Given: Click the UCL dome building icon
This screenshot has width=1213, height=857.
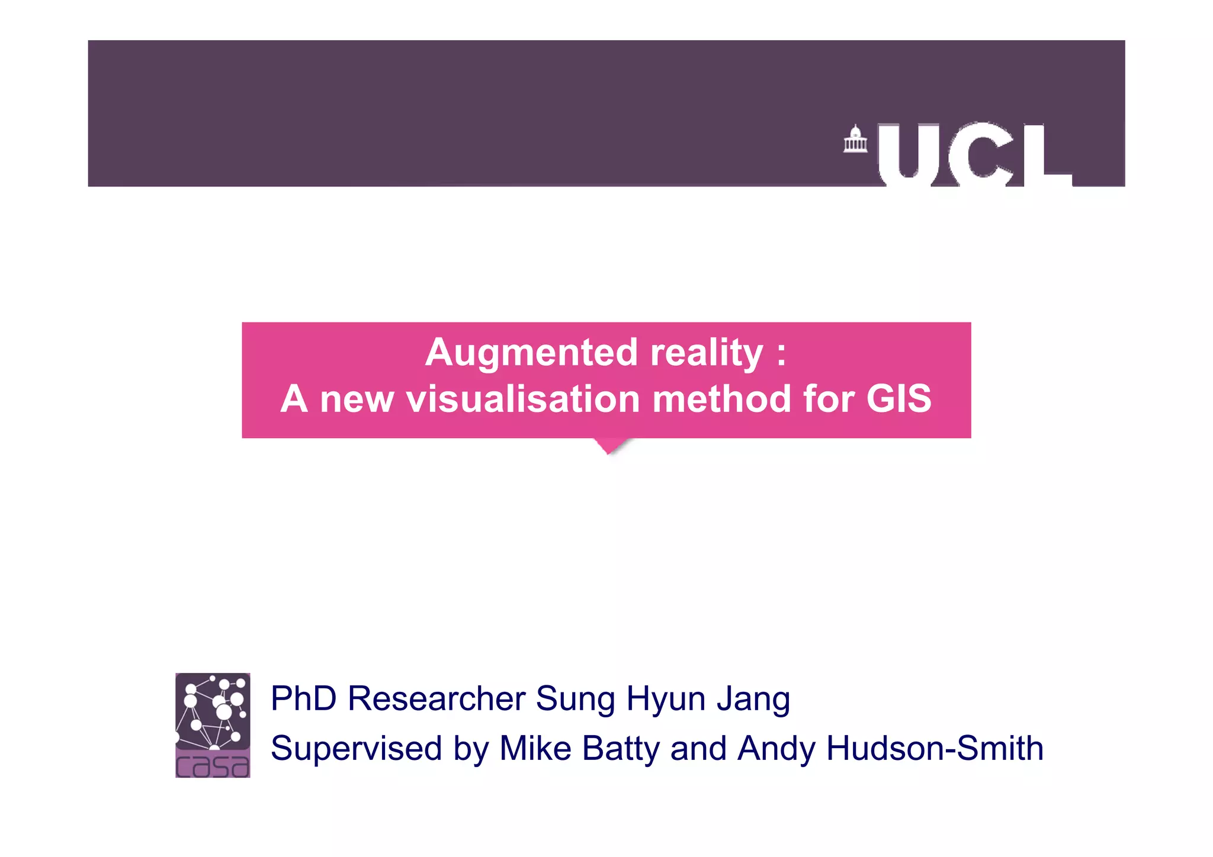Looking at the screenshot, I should pos(855,140).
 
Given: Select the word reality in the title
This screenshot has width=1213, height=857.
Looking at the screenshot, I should pos(707,353).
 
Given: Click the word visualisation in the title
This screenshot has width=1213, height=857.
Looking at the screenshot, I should pos(523,399).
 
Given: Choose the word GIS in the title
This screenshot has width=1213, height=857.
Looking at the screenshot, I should pos(898,399).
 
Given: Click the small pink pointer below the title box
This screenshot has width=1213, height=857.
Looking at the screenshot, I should pos(611,446).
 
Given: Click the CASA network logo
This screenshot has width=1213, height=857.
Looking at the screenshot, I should pos(213,712).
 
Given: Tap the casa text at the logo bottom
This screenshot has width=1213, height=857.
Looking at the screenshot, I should pos(213,765).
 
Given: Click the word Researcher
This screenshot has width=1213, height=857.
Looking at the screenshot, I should pos(437,698).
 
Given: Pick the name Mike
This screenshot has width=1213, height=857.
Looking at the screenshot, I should pos(535,748).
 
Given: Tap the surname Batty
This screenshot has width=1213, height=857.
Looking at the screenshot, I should pos(621,749).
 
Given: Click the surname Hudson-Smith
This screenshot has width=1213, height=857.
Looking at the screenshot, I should pos(934,748).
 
